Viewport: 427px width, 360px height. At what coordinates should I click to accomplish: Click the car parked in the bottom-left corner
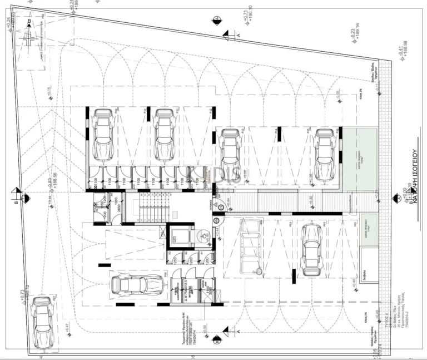tap(42, 321)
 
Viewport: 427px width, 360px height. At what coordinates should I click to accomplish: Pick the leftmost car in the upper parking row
tap(103, 134)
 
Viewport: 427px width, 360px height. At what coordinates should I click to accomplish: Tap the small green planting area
tap(369, 229)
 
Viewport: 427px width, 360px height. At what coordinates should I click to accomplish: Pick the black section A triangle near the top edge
tap(227, 34)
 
